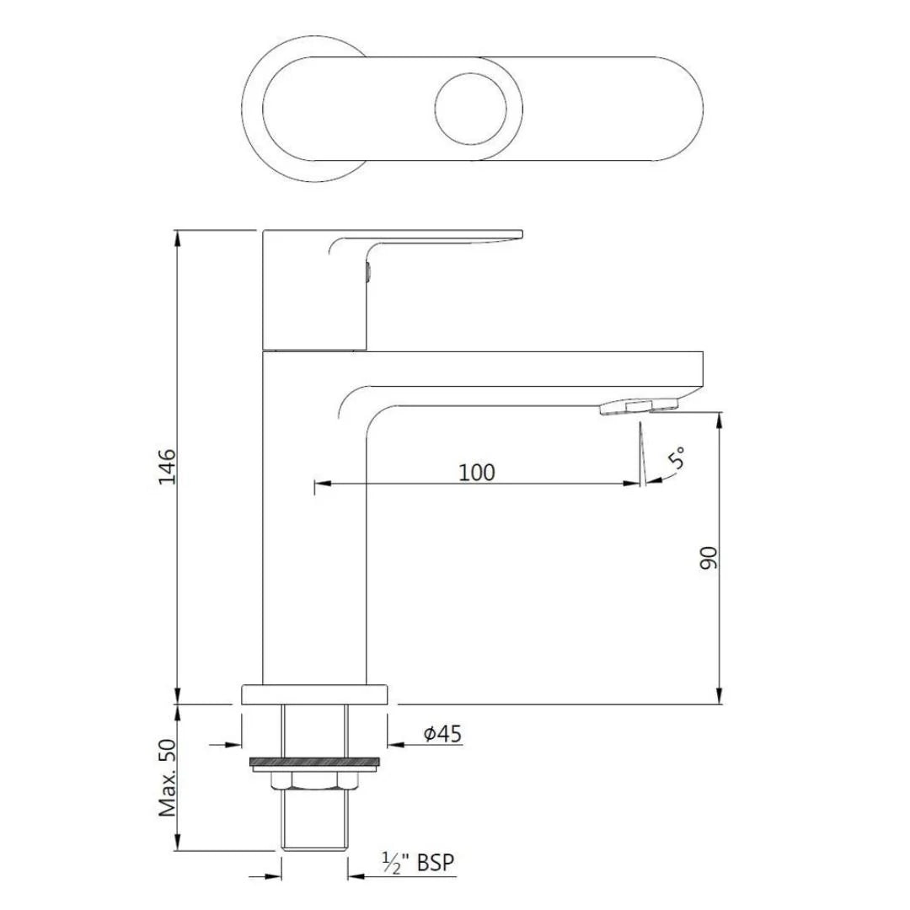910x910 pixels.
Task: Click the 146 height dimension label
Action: [x=166, y=465]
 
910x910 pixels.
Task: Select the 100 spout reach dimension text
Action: [x=477, y=472]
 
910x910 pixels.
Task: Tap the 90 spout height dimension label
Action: [x=709, y=557]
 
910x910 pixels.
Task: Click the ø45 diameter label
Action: [x=442, y=734]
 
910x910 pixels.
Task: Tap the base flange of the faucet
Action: [x=315, y=693]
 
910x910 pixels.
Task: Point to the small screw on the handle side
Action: [x=367, y=271]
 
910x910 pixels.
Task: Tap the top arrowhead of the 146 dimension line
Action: [x=178, y=237]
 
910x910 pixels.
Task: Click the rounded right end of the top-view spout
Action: [x=691, y=109]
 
